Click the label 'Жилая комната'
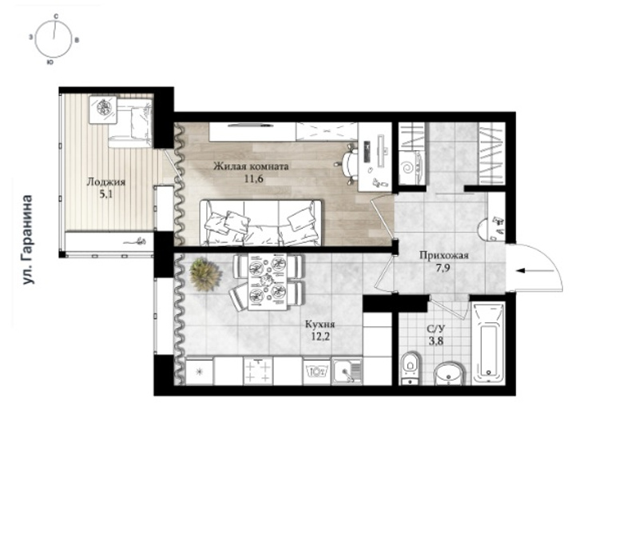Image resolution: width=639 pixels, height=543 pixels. click(x=251, y=166)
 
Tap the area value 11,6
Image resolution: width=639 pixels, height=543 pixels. click(x=253, y=178)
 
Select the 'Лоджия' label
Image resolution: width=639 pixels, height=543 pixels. click(x=106, y=182)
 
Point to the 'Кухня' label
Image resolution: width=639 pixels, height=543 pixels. click(x=320, y=325)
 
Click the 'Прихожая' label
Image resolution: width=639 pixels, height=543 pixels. click(x=444, y=256)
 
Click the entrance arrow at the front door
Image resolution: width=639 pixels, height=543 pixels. click(x=534, y=270)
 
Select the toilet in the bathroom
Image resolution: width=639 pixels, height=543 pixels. click(x=410, y=368)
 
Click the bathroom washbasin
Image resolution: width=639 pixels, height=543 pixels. click(x=449, y=373)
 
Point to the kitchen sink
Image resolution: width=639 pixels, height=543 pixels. click(x=347, y=371)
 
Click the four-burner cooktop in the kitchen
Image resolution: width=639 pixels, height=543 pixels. click(x=258, y=371)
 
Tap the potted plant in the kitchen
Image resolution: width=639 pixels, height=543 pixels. click(x=205, y=274)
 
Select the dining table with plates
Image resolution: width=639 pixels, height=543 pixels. click(x=267, y=281)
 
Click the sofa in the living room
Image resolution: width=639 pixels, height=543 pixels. click(x=260, y=223)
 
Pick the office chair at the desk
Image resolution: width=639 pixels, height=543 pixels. click(x=347, y=163)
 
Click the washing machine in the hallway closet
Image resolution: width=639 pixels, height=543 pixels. click(x=412, y=167)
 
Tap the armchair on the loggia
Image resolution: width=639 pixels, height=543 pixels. click(x=130, y=122)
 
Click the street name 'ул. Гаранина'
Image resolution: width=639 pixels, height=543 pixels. click(x=27, y=239)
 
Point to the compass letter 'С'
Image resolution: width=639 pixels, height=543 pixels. click(x=56, y=16)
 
